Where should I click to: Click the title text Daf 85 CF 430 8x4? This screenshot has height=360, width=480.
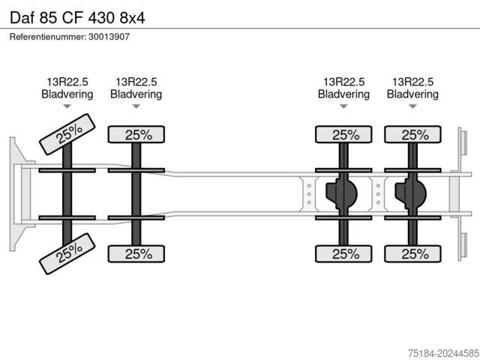77,18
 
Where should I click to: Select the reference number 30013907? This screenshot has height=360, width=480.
109,37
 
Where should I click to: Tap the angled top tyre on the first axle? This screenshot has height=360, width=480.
67,134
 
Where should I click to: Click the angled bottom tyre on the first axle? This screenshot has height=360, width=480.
67,253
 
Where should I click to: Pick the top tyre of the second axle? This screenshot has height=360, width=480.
136,134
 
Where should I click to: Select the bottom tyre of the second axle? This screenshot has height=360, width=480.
136,253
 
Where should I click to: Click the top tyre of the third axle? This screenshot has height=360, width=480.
343,134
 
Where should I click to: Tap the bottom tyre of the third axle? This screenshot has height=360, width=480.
343,253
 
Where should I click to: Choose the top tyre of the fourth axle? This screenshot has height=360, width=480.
413,134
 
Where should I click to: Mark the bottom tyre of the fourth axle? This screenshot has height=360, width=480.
413,253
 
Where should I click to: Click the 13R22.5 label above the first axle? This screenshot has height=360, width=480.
67,82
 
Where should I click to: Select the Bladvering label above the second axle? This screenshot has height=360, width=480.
136,94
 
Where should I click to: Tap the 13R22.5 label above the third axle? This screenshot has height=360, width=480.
343,82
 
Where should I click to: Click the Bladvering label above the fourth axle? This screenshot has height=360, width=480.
413,94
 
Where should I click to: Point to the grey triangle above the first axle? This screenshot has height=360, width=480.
67,106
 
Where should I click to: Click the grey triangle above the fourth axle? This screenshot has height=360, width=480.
413,106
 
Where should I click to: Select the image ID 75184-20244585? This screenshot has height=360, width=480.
443,353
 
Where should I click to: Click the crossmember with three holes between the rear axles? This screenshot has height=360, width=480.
378,194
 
